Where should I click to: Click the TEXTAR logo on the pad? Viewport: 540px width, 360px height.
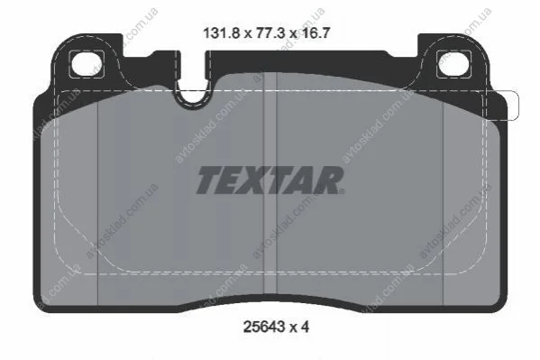(270, 180)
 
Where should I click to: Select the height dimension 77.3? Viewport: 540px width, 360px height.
(271, 33)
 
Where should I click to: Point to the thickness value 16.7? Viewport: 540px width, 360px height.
(316, 33)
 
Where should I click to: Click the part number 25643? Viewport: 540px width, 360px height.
(264, 327)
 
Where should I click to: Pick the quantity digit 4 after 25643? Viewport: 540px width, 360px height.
(305, 327)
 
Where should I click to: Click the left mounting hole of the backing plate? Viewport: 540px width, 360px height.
(87, 64)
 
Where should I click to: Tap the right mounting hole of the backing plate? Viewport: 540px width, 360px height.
(453, 63)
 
